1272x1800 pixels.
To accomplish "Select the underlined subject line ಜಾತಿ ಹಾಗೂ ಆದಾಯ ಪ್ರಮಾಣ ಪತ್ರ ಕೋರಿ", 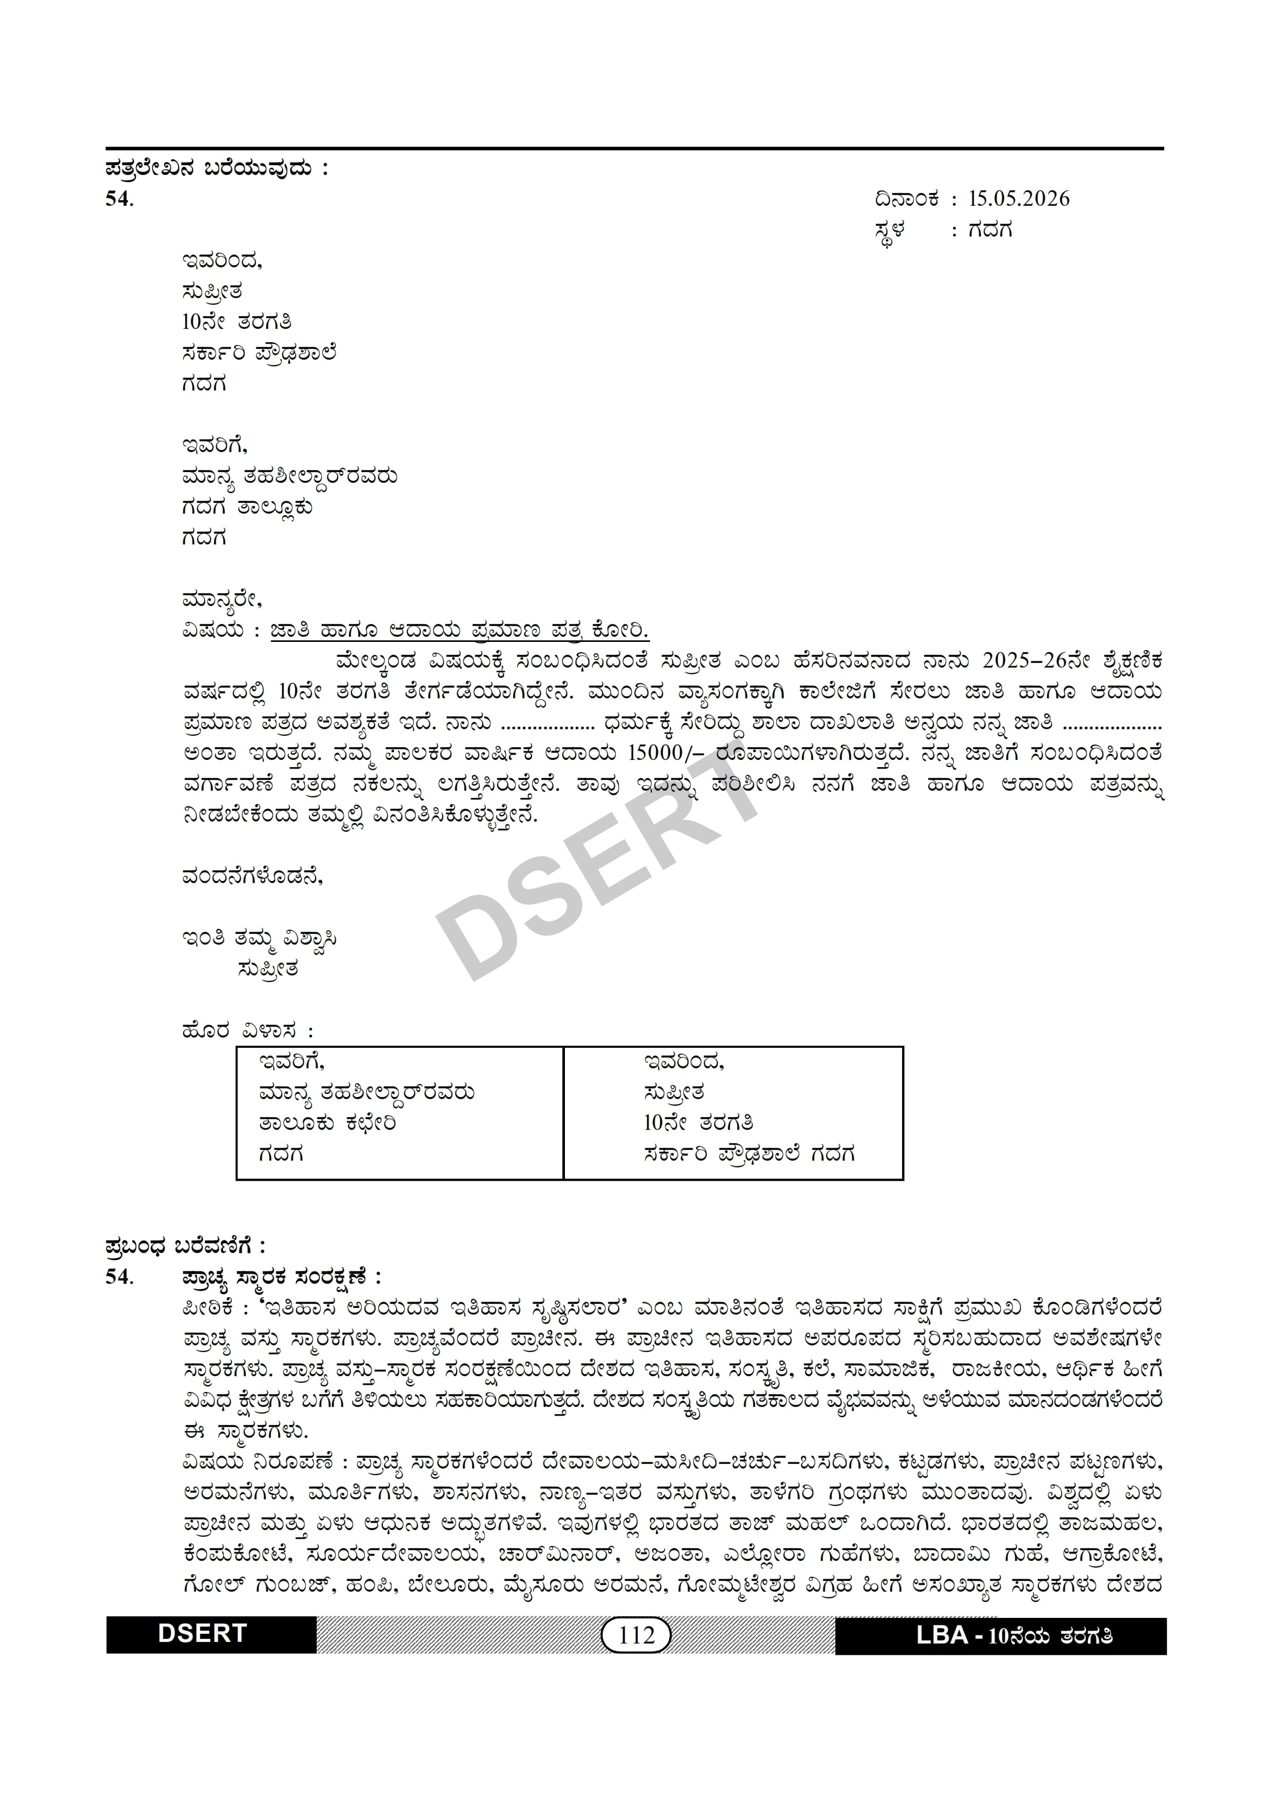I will coord(460,631).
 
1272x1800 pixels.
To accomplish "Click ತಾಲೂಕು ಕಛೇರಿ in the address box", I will coord(327,1123).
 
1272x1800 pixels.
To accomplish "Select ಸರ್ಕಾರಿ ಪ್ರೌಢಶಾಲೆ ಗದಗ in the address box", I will coord(749,1154).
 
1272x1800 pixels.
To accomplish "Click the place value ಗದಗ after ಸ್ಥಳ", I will coord(990,230).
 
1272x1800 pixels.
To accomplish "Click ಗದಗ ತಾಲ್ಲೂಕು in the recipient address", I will coord(247,507).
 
